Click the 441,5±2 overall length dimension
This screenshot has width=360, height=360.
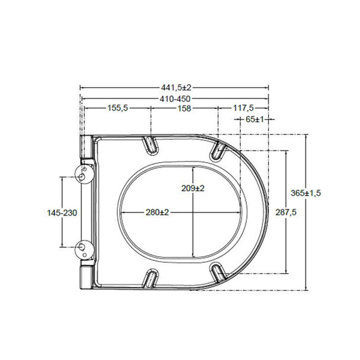[176, 88]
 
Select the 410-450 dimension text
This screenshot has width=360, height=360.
[175, 99]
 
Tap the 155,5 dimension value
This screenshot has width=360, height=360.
[118, 108]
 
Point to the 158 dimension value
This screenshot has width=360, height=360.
[184, 108]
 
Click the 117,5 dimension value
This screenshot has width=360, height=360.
[243, 108]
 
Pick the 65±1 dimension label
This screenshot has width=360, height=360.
[255, 120]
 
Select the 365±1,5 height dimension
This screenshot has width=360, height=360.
[306, 193]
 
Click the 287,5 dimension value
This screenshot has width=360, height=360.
[286, 213]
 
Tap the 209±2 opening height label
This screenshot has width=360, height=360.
[193, 188]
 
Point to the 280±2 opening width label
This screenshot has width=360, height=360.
[157, 212]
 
